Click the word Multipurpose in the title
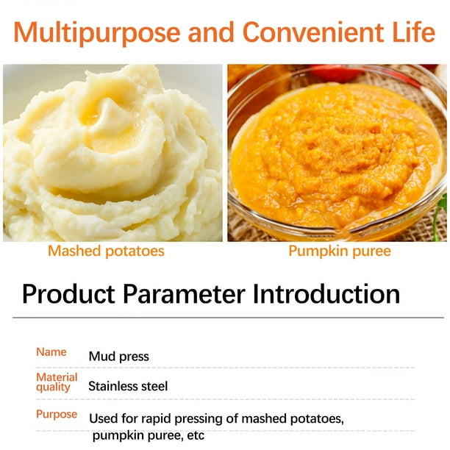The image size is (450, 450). pos(97,33)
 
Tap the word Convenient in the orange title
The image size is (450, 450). pos(313,32)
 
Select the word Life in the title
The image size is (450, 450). pos(413,32)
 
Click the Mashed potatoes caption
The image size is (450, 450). pos(106,251)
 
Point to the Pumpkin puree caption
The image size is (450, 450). pos(340,251)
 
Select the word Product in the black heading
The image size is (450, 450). pos(68,294)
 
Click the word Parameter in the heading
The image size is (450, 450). pos(184,294)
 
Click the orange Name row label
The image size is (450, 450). pos(51,352)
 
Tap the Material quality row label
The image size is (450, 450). pos(57,382)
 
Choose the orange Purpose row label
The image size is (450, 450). pos(57,415)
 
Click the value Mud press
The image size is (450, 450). pos(119,357)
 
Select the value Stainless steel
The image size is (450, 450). pos(128,386)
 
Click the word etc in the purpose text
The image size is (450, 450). pos(196,435)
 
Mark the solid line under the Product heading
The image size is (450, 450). pos(228,318)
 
